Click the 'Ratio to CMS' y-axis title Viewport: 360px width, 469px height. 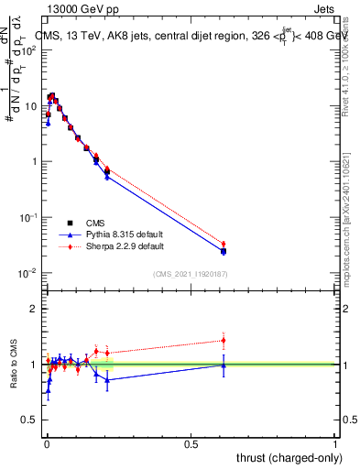13,365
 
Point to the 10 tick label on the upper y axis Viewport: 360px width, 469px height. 30,106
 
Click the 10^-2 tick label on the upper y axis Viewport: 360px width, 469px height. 28,273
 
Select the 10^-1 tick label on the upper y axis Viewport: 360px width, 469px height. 28,217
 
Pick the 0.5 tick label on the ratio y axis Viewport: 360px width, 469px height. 30,420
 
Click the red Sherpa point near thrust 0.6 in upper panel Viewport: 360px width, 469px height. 224,244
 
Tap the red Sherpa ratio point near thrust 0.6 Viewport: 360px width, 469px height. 224,341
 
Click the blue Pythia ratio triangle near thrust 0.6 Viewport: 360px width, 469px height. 224,365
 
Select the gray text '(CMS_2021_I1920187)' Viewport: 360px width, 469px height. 190,274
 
